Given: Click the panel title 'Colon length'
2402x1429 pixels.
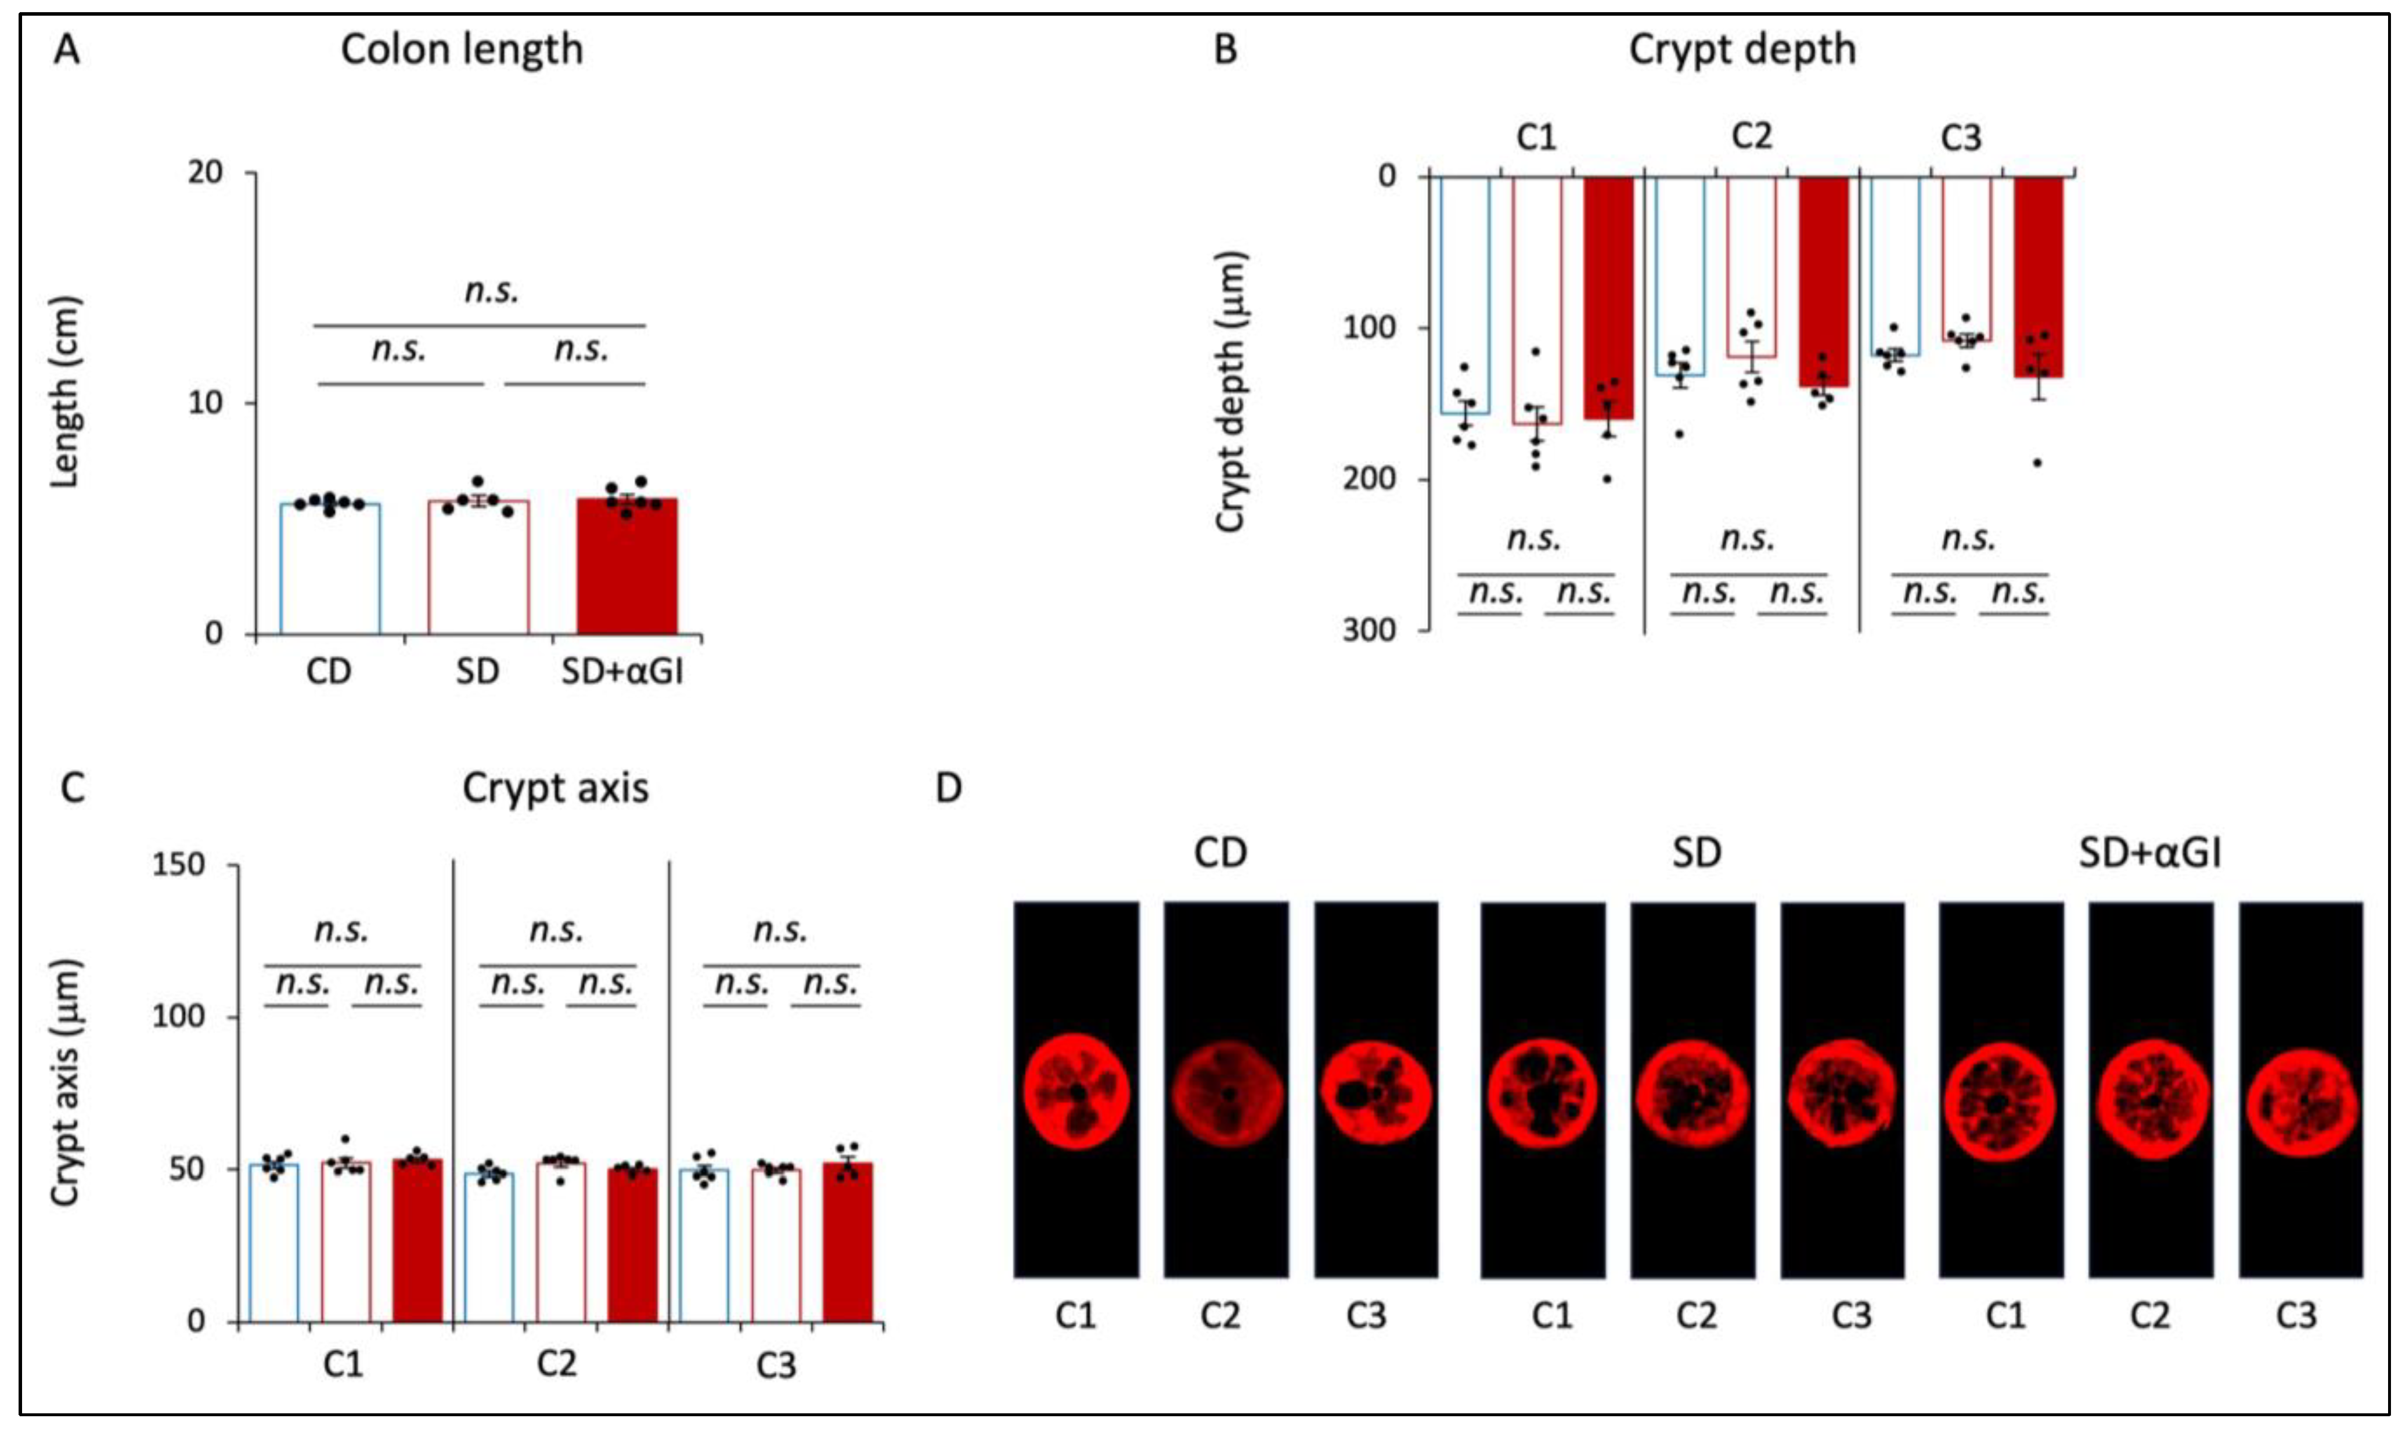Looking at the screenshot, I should [462, 50].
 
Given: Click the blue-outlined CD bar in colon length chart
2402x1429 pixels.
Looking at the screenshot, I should [329, 568].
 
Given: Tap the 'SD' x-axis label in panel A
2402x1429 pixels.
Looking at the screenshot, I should [478, 671].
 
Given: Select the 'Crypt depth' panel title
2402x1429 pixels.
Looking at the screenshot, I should [1741, 50].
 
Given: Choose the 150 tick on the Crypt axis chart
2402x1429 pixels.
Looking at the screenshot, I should [179, 865].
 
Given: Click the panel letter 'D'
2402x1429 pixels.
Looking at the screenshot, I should [949, 789].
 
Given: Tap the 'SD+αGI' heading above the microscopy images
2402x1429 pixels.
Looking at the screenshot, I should [2149, 853].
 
